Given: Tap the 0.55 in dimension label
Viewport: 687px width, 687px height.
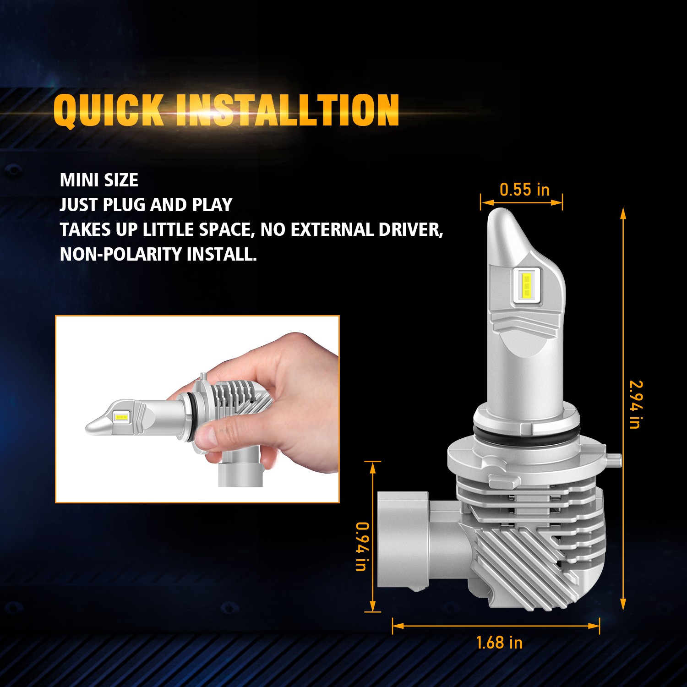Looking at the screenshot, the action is point(524,190).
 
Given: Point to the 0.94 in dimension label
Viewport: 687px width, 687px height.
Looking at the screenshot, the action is point(362,546).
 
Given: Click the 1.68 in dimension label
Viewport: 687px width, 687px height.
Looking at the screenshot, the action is point(499,643).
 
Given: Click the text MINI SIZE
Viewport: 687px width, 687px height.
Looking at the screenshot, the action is point(99,180).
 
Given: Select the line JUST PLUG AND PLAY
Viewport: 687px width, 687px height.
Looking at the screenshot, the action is point(146,205).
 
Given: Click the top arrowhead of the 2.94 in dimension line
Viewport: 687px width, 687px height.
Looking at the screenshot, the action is point(623,213).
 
